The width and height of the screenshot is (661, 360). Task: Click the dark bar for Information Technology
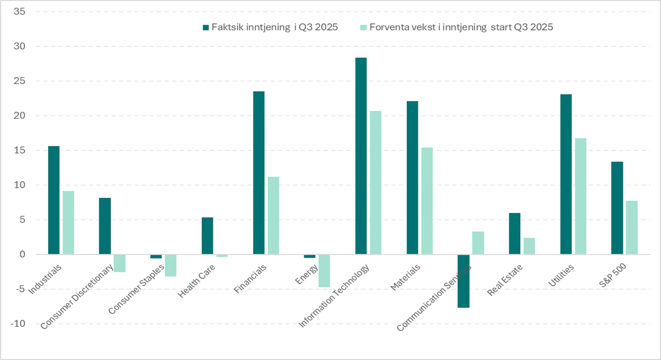click(x=361, y=156)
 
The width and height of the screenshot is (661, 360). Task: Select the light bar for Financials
click(x=273, y=215)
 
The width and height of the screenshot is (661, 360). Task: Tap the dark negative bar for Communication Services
click(x=464, y=281)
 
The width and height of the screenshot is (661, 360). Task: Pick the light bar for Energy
click(x=324, y=271)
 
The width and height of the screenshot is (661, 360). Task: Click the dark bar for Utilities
click(x=566, y=174)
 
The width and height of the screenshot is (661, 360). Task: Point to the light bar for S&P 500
click(x=632, y=227)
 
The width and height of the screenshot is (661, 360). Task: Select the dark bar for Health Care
click(x=208, y=236)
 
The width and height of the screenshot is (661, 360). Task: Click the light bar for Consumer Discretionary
click(x=120, y=263)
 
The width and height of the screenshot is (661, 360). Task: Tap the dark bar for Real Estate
click(x=515, y=233)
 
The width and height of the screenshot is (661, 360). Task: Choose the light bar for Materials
click(x=427, y=201)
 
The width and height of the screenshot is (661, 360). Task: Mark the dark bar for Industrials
click(x=54, y=200)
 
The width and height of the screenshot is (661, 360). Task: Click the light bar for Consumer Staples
click(x=171, y=266)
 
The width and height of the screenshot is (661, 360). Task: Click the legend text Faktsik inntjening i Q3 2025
click(x=275, y=28)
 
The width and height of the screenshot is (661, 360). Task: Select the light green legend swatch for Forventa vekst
click(x=363, y=28)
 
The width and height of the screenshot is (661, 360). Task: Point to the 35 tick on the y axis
click(x=20, y=12)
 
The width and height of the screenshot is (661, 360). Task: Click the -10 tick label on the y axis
click(x=18, y=324)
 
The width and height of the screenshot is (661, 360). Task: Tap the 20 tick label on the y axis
click(x=20, y=115)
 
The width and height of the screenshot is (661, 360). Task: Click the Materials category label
click(x=405, y=277)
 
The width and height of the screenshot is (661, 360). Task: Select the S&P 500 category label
click(x=612, y=275)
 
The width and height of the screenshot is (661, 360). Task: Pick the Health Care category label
click(x=196, y=281)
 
